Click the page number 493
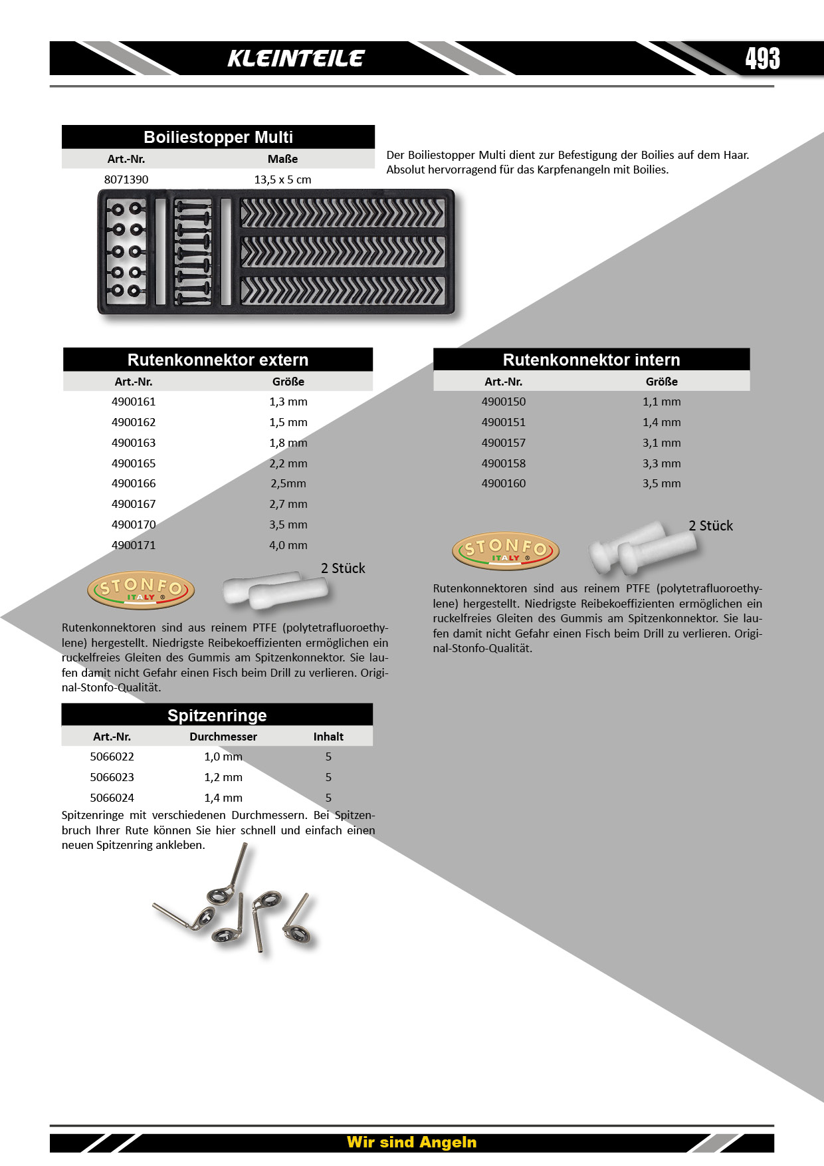tap(762, 58)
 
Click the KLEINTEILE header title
tap(296, 58)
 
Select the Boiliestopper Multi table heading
tap(218, 137)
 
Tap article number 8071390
tap(126, 179)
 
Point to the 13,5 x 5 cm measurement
tap(282, 179)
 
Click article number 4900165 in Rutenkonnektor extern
tap(134, 463)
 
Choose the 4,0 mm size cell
tap(288, 545)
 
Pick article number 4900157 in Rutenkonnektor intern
tap(504, 443)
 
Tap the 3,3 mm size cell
tap(661, 463)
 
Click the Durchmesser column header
tap(223, 737)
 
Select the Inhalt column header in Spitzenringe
tap(328, 737)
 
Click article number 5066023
tap(112, 777)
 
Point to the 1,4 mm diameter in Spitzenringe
tap(223, 798)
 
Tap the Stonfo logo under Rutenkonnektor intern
tap(506, 551)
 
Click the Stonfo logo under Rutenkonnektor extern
tap(141, 590)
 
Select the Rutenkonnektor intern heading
tap(591, 360)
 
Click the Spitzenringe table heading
tap(217, 715)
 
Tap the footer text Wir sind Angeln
tap(411, 1142)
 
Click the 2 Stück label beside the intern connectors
tap(710, 526)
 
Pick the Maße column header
tap(282, 159)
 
